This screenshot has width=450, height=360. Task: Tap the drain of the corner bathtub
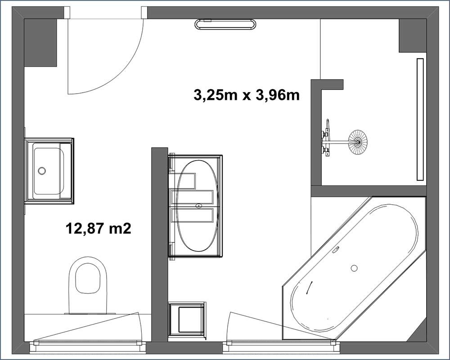pyautogui.click(x=354, y=268)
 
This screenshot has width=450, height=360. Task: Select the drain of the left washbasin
pyautogui.click(x=42, y=171)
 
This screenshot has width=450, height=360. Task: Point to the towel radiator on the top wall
pyautogui.click(x=225, y=24)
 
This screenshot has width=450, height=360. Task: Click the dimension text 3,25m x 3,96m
pyautogui.click(x=247, y=95)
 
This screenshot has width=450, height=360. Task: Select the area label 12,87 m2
pyautogui.click(x=99, y=229)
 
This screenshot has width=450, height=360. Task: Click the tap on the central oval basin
pyautogui.click(x=198, y=206)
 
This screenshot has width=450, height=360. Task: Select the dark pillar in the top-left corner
pyautogui.click(x=40, y=42)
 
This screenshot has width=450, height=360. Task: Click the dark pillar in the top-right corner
pyautogui.click(x=412, y=36)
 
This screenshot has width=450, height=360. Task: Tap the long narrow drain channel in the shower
pyautogui.click(x=420, y=119)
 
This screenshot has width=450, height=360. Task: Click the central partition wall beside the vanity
pyautogui.click(x=160, y=244)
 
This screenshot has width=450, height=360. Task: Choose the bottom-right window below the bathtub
pyautogui.click(x=281, y=345)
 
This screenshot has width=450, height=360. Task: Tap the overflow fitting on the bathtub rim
pyautogui.click(x=336, y=250)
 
